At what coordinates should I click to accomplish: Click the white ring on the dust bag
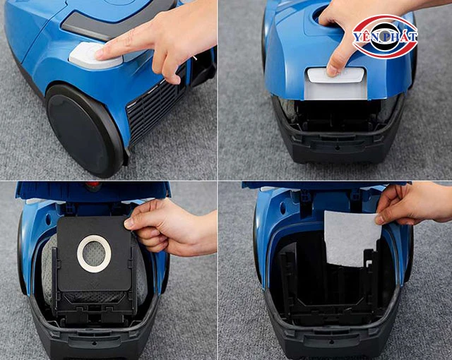[x=94, y=253]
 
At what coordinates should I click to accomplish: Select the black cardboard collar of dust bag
[x=94, y=253]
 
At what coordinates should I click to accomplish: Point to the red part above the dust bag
[x=93, y=186]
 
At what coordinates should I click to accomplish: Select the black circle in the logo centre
[x=385, y=37]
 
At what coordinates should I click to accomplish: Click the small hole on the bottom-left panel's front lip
[x=94, y=344]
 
